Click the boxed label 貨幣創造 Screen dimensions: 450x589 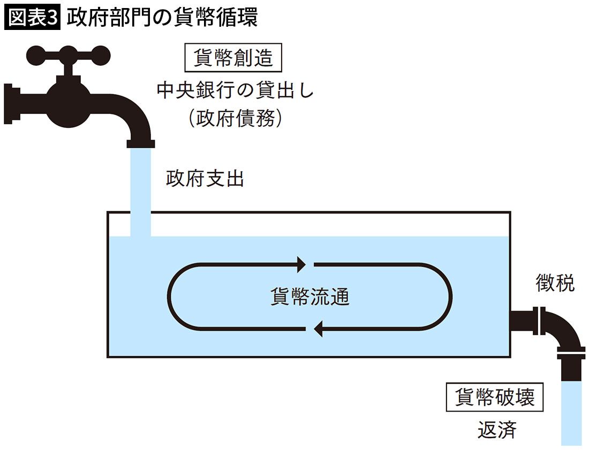click(x=233, y=57)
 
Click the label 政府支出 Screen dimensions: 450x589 click(x=205, y=179)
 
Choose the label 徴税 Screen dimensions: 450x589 click(x=555, y=283)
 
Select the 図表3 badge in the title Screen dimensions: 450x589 click(x=33, y=17)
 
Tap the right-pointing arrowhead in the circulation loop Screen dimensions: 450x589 click(x=301, y=264)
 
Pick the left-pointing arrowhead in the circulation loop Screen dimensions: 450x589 click(x=317, y=329)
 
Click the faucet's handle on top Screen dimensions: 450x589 click(x=69, y=54)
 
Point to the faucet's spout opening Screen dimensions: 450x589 click(x=140, y=143)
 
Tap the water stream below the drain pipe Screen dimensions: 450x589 click(x=570, y=412)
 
